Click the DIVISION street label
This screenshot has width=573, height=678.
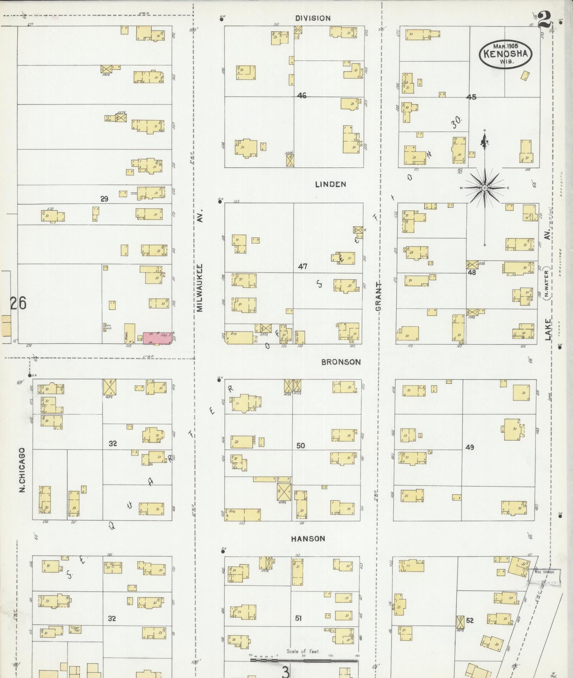(313, 18)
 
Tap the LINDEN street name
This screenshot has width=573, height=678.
(331, 184)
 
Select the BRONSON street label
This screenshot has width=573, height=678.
(341, 362)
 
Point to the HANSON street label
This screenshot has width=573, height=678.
(308, 539)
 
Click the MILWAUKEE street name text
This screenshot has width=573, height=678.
(200, 288)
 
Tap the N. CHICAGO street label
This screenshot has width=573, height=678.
(23, 469)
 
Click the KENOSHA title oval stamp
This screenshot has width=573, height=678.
(505, 54)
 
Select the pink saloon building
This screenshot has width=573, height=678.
(157, 338)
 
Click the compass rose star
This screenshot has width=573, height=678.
(485, 188)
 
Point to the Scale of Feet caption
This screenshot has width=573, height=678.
(303, 651)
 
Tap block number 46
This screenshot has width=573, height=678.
(302, 96)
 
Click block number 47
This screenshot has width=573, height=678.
(302, 266)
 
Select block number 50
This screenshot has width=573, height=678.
(300, 445)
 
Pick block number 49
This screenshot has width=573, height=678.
(470, 447)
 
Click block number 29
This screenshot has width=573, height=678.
(104, 199)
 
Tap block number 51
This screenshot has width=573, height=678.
(298, 618)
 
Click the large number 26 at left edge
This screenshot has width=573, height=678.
(18, 304)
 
